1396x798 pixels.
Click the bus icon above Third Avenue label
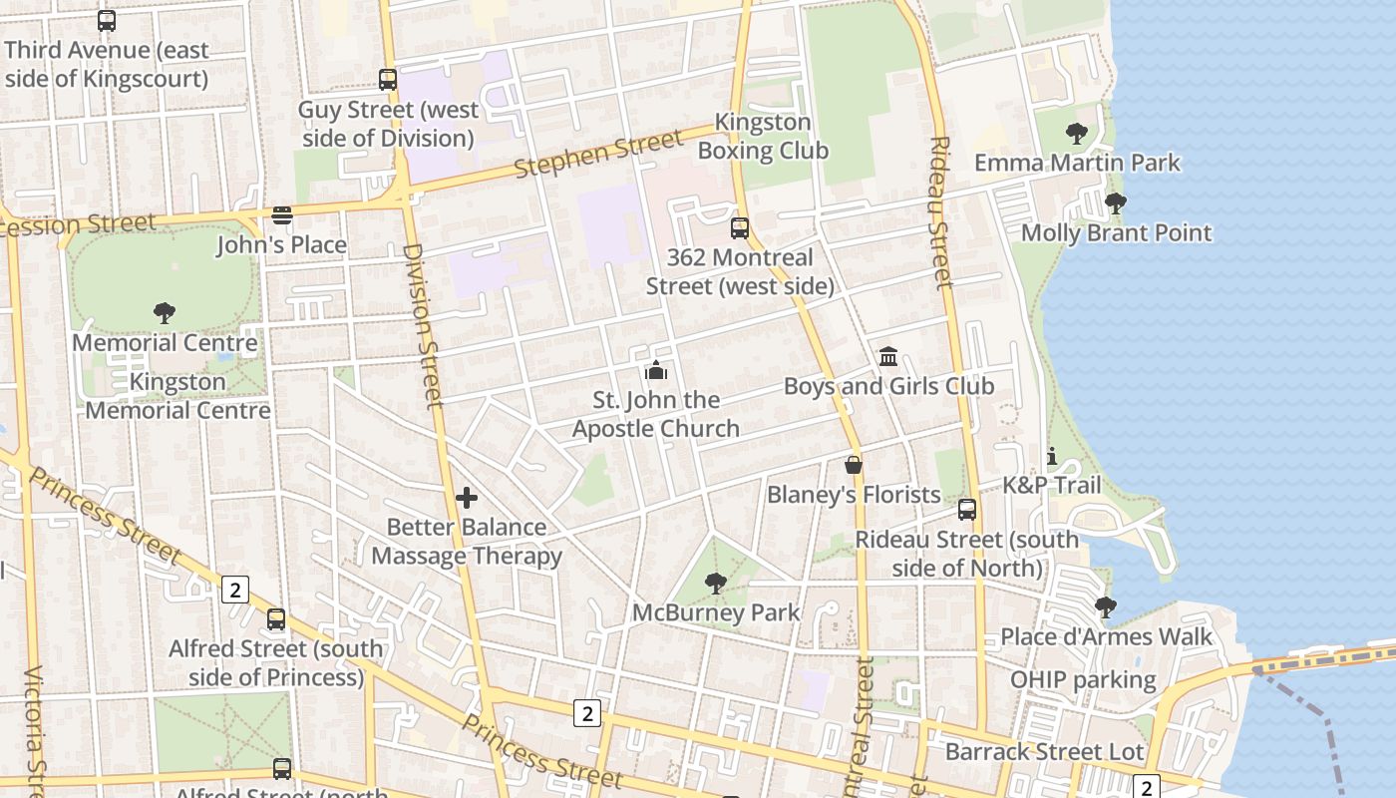pos(107,20)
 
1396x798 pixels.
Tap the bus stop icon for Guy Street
pos(388,80)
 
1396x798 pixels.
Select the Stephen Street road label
pos(598,153)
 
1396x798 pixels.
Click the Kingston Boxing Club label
pos(763,137)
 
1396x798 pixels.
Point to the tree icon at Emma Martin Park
pos(1076,133)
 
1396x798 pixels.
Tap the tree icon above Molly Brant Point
pos(1116,203)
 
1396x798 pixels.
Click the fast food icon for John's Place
pos(282,215)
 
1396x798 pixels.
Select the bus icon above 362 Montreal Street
pos(739,227)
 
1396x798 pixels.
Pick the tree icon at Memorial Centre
pos(165,313)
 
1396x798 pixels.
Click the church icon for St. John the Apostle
pos(656,371)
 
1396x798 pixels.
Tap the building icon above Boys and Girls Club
pos(888,357)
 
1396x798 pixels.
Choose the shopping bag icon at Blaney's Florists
pos(854,465)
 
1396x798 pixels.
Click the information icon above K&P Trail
pos(1052,457)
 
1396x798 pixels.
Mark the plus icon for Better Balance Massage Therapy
pos(467,498)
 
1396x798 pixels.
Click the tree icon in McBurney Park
pos(715,583)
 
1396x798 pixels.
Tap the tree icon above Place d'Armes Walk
pos(1105,606)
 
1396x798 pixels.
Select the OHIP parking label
pos(1083,680)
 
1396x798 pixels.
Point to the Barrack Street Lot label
pos(1044,751)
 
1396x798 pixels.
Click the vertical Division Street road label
pos(423,325)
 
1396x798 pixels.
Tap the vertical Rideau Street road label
pos(940,212)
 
